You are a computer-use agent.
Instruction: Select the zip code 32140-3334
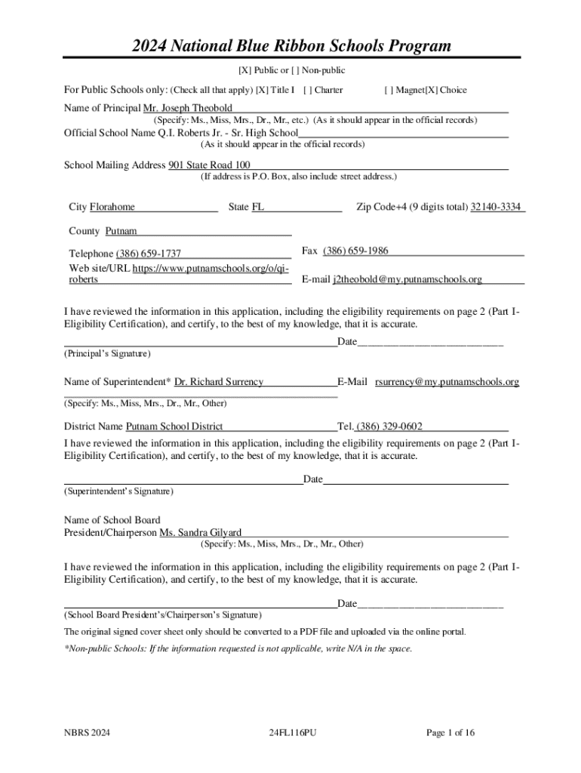coord(497,207)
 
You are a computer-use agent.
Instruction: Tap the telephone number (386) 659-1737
coord(148,254)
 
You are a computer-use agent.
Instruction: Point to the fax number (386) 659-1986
coord(355,251)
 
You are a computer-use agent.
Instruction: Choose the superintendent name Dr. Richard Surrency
coord(219,382)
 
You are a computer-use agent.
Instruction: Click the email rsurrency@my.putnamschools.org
coord(447,382)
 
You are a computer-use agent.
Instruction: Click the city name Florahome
coord(112,207)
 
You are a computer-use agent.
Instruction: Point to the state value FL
coord(258,207)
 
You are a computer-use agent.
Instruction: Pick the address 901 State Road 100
coord(209,165)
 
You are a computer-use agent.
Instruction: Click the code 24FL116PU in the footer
coord(292,732)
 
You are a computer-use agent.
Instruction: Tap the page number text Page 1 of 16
coord(450,732)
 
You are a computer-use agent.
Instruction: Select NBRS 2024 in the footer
coord(87,732)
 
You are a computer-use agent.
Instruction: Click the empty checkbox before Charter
coord(306,90)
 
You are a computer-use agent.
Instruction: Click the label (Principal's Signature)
coord(107,353)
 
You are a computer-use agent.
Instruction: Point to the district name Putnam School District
coord(174,427)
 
